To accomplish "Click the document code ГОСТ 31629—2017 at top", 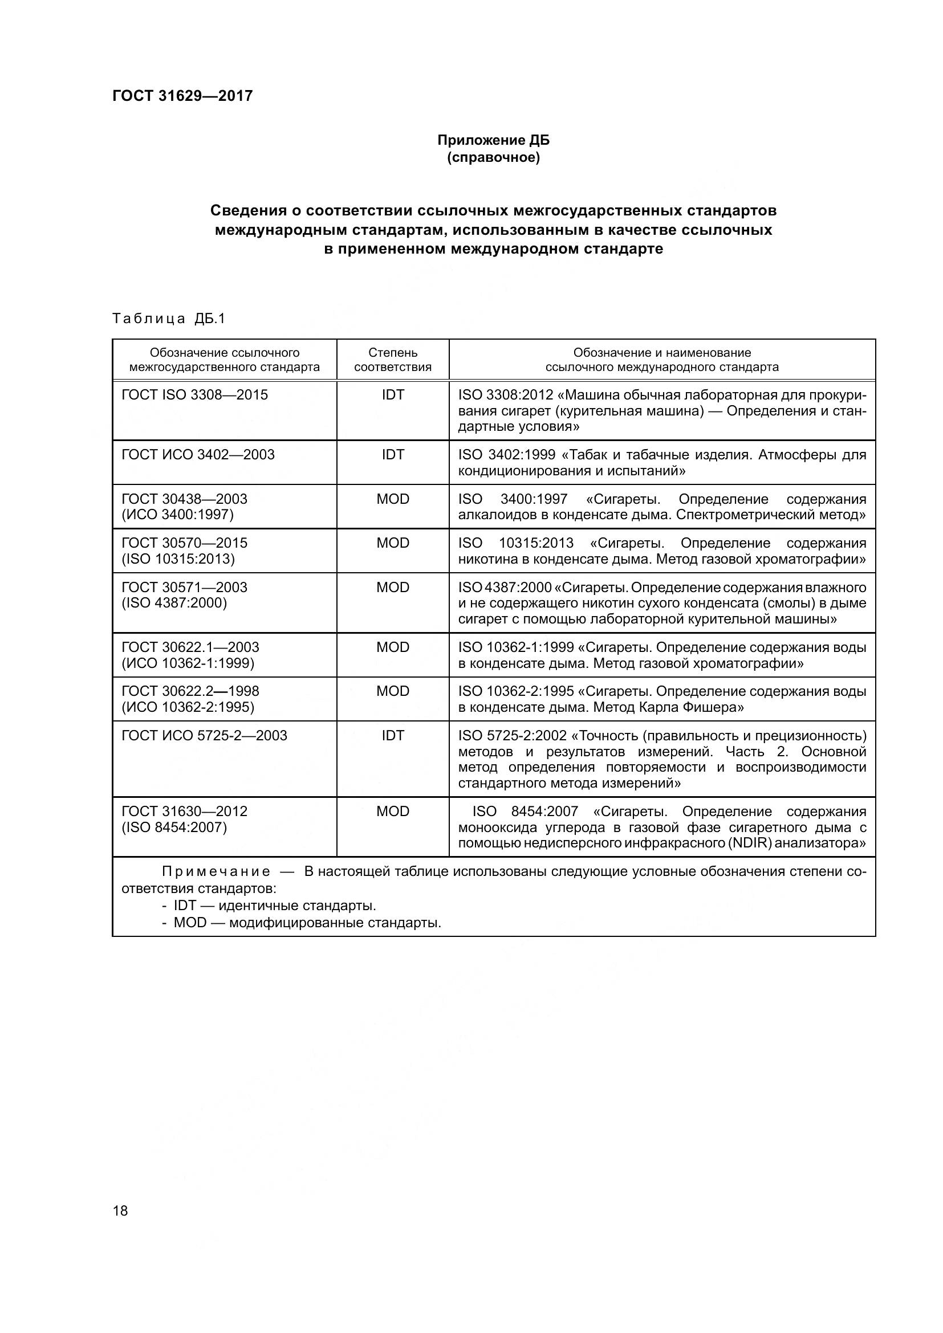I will (182, 96).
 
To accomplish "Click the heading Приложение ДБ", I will (493, 141).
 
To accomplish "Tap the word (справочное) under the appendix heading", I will (493, 157).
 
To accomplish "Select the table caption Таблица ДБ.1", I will (168, 318).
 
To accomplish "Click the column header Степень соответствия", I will (392, 360).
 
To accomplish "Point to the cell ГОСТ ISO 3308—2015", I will (194, 395).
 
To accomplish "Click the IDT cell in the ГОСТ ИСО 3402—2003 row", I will (392, 455).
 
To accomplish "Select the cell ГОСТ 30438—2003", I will (184, 499).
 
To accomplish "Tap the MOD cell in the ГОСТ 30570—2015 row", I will (392, 543).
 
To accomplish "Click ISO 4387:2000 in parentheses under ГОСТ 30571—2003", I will (174, 603).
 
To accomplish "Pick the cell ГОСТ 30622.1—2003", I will (190, 647).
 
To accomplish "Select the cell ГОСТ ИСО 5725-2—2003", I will (204, 736).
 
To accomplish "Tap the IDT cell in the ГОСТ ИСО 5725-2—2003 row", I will (392, 736).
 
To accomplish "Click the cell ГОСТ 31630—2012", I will (184, 811).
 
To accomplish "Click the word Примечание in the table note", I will (216, 871).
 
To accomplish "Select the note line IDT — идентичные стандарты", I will (274, 906).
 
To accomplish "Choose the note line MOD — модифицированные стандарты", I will (307, 923).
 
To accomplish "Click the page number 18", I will (120, 1210).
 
